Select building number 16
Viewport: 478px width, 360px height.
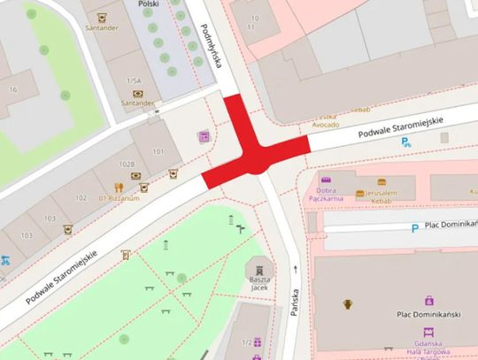[x=13, y=89]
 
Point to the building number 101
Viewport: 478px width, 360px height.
[x=158, y=151]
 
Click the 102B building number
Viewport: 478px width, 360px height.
[x=126, y=164]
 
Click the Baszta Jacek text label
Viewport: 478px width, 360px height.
[x=259, y=284]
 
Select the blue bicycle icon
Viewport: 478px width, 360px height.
[x=6, y=260]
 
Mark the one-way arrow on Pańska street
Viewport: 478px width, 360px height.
[x=294, y=266]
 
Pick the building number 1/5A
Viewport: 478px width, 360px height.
[x=135, y=80]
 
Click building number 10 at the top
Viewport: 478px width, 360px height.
[x=258, y=18]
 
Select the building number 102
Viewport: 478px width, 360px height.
[x=81, y=198]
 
